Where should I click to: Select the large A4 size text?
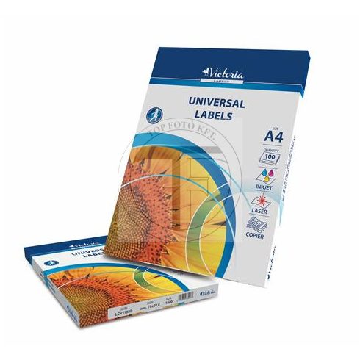pos(270,136)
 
